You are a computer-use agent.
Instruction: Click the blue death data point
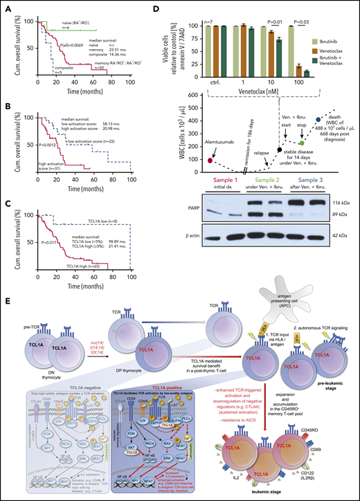click(317, 120)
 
